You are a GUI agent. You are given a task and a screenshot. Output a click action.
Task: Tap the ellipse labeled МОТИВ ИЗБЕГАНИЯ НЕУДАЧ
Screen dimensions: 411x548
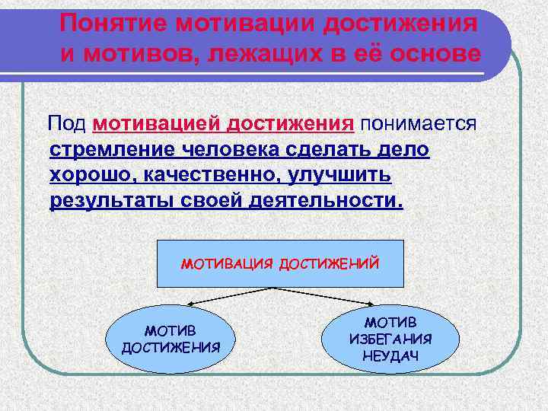coord(389,334)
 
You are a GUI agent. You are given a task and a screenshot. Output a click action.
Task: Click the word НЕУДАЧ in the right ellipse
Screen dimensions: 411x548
coord(390,355)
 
